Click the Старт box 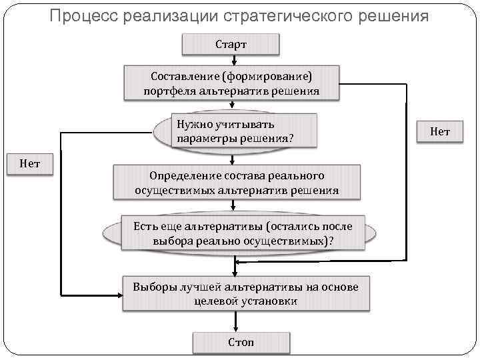[x=231, y=45]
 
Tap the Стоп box [x=241, y=342]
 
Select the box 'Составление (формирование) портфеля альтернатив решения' [x=231, y=83]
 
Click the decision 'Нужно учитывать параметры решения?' [x=234, y=131]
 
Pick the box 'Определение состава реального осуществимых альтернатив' [x=236, y=183]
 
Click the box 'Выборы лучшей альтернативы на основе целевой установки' [x=245, y=293]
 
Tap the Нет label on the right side [x=439, y=132]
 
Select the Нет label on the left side [x=29, y=163]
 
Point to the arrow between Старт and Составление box [x=231, y=60]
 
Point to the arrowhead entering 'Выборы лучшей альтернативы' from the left [x=119, y=293]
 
